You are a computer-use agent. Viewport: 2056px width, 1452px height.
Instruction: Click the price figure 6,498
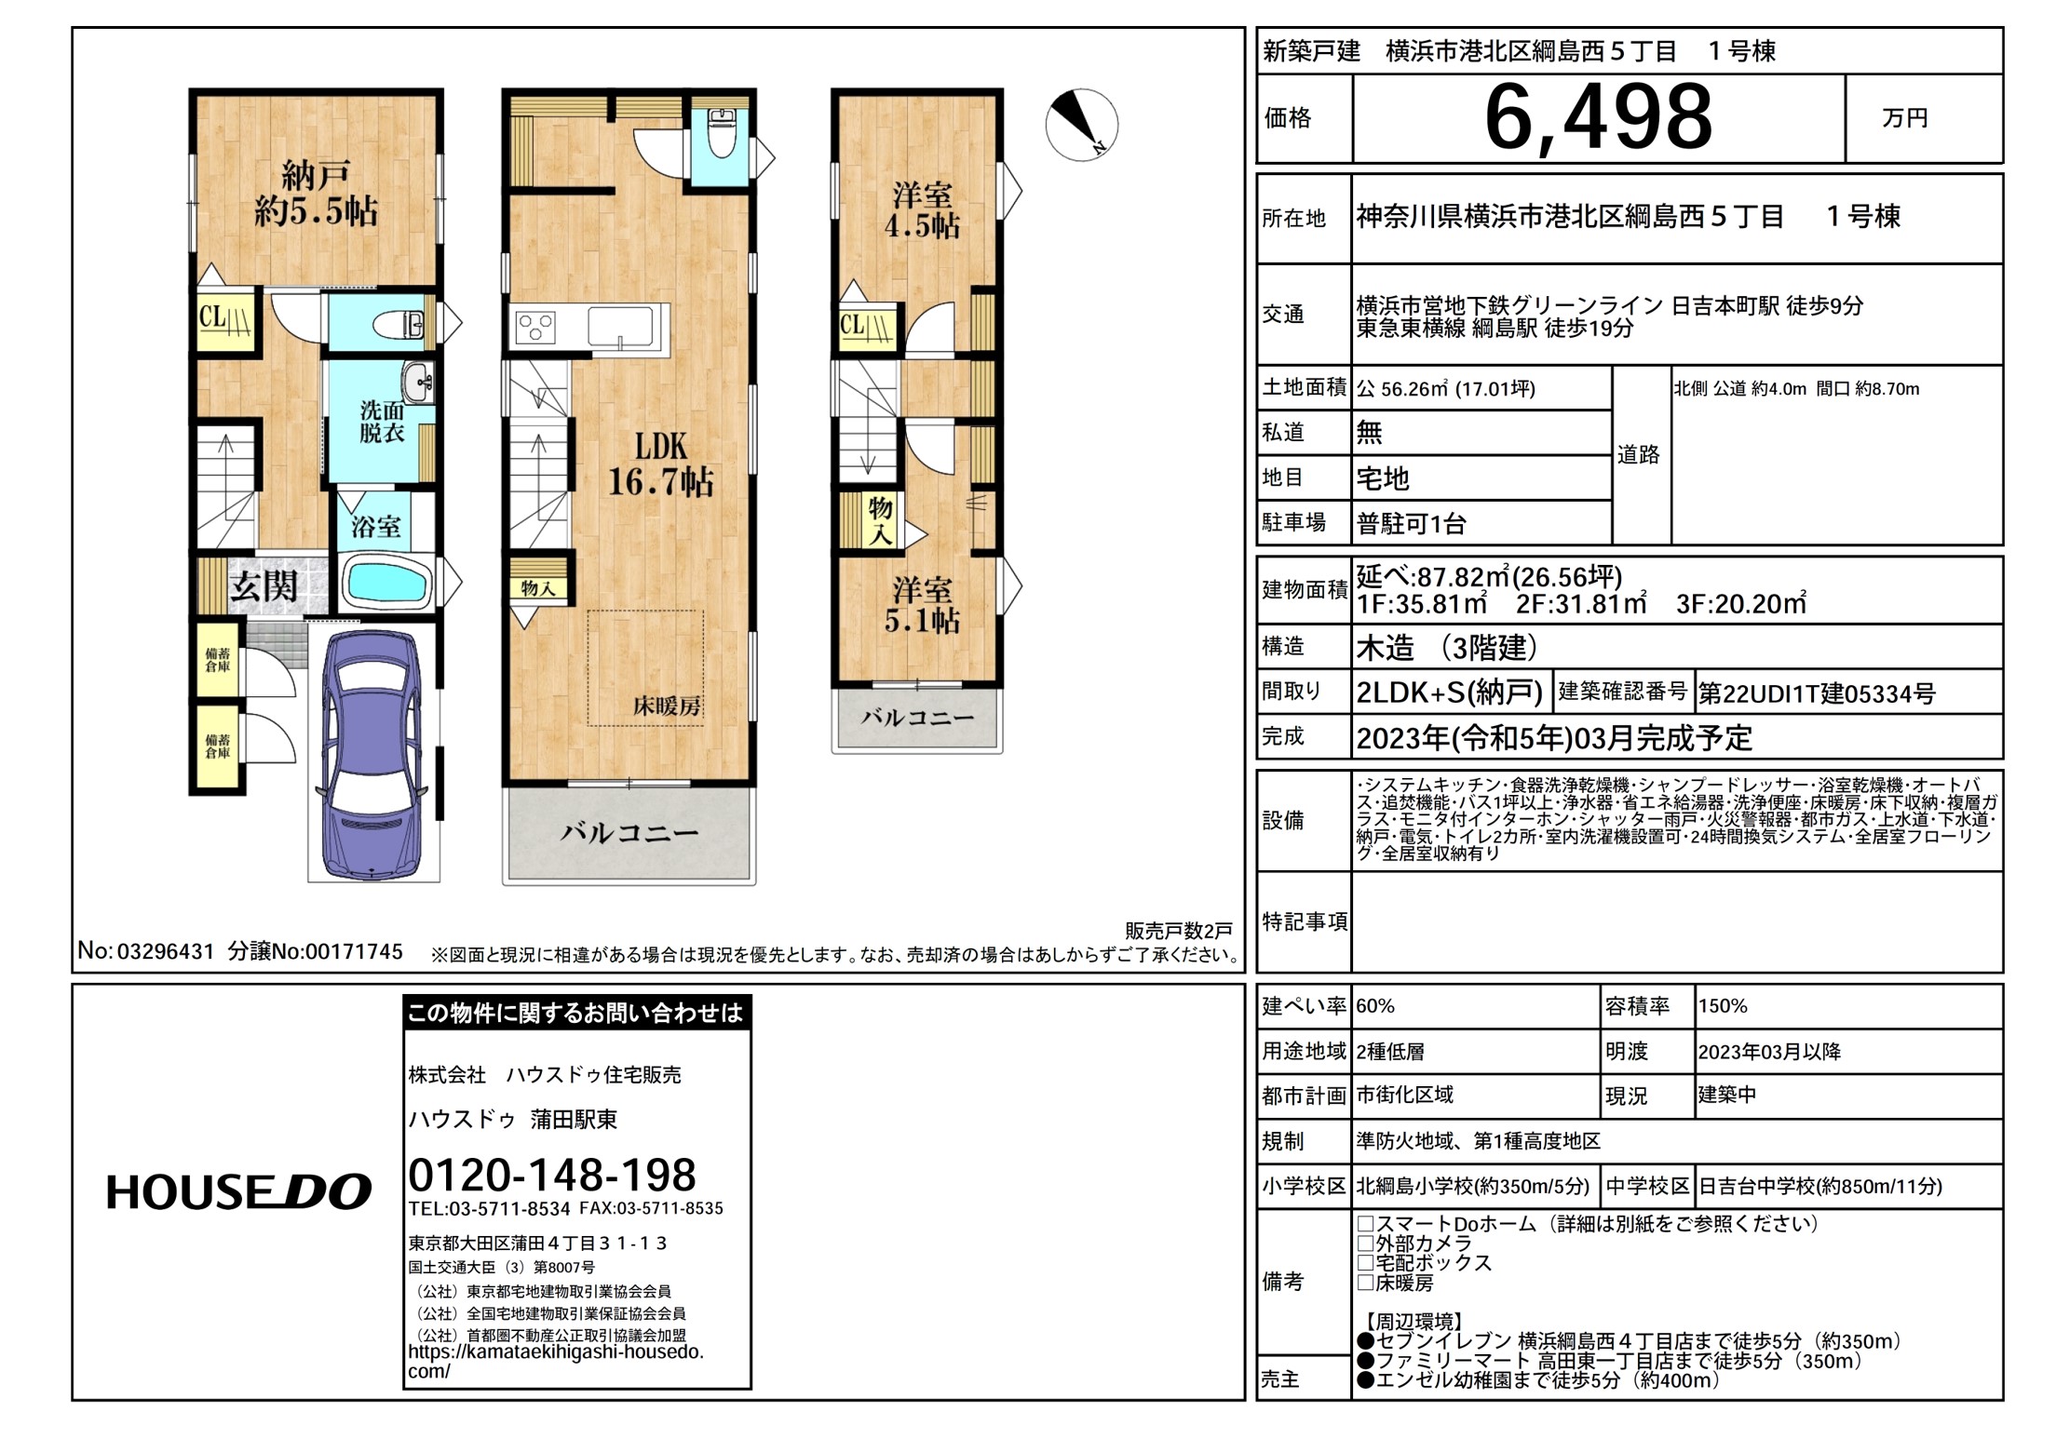[x=1598, y=118]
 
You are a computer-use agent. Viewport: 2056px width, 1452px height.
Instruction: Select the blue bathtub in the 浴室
[x=388, y=582]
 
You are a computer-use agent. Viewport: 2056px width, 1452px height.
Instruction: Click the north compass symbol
[x=1081, y=125]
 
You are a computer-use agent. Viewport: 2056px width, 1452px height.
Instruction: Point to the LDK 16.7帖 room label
[x=660, y=464]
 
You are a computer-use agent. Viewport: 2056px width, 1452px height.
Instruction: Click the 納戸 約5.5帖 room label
[x=316, y=194]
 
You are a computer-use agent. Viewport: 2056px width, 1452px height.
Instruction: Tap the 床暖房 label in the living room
[x=667, y=706]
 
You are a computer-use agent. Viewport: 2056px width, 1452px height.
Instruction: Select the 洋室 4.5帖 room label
[x=922, y=210]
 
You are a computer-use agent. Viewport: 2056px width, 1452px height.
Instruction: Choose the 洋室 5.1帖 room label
[x=922, y=605]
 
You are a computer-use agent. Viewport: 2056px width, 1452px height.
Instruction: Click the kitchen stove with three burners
[x=535, y=329]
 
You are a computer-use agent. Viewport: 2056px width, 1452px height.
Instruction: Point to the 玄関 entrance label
[x=264, y=586]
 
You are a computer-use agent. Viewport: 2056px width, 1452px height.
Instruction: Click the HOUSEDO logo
[x=238, y=1192]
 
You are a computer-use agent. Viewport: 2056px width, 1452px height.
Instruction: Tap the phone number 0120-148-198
[x=552, y=1175]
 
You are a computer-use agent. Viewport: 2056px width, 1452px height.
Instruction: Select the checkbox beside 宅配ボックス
[x=1366, y=1263]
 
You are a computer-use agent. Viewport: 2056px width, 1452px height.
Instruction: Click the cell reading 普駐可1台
[x=1411, y=524]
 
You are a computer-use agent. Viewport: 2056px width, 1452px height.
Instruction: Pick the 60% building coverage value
[x=1375, y=1006]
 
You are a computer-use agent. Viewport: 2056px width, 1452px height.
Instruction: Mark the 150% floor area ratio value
[x=1723, y=1006]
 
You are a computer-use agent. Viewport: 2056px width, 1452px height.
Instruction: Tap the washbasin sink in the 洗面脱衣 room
[x=418, y=382]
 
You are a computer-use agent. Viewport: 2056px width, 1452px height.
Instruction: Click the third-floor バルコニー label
[x=917, y=718]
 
